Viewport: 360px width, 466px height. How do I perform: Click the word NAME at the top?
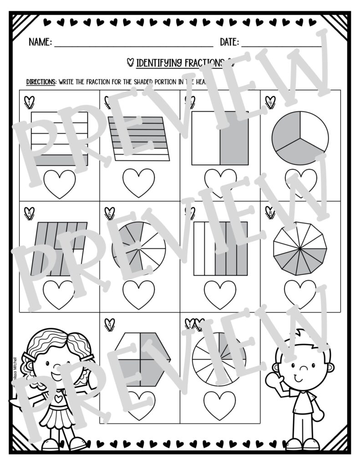click(40, 42)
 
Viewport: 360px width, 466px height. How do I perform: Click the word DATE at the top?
click(229, 42)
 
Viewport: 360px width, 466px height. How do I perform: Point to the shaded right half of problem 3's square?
click(234, 138)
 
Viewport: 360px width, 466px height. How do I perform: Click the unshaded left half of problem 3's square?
click(206, 138)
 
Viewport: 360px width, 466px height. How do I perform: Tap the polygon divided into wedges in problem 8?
click(300, 248)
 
